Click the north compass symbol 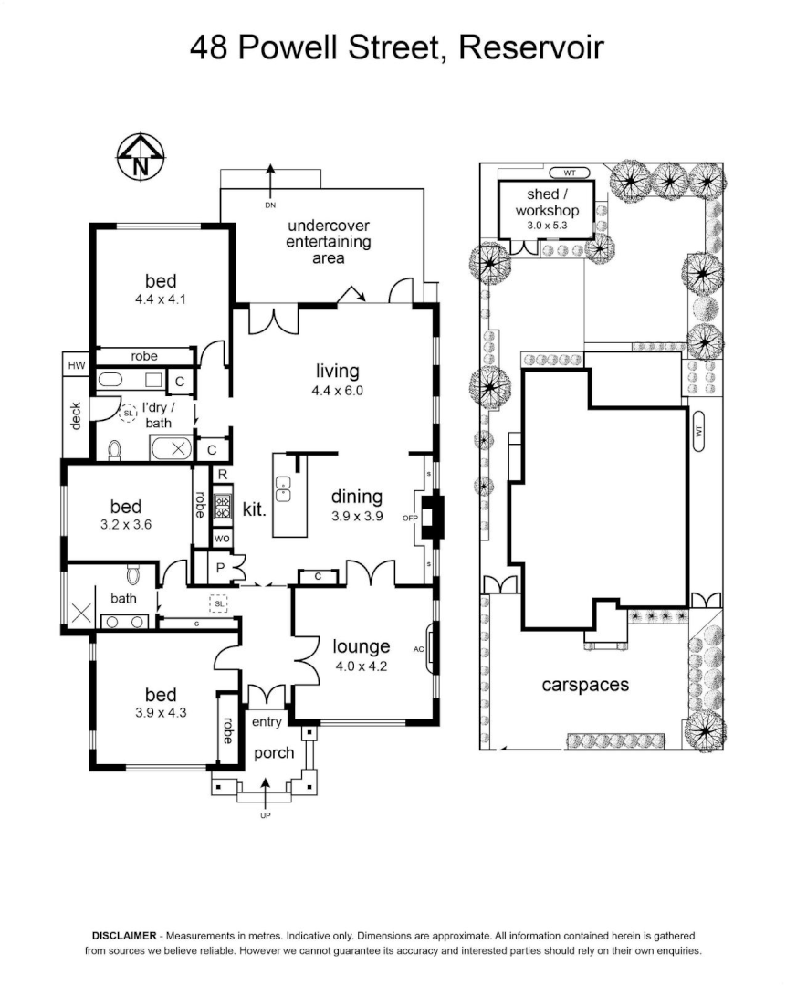[141, 157]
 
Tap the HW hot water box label [76, 365]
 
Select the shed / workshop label [547, 203]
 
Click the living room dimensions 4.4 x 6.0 [338, 391]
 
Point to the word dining [357, 497]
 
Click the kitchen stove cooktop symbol [223, 507]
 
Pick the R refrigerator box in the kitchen [223, 475]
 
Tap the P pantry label [220, 568]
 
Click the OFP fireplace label [410, 519]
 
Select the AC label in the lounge [419, 649]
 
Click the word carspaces [585, 685]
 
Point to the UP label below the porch [266, 815]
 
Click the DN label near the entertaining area [269, 205]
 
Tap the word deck [76, 416]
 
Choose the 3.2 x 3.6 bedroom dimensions [126, 524]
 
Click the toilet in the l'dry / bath [114, 449]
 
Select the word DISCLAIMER [124, 936]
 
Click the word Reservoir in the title [531, 47]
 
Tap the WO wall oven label [222, 539]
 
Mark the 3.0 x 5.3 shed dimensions [547, 226]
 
